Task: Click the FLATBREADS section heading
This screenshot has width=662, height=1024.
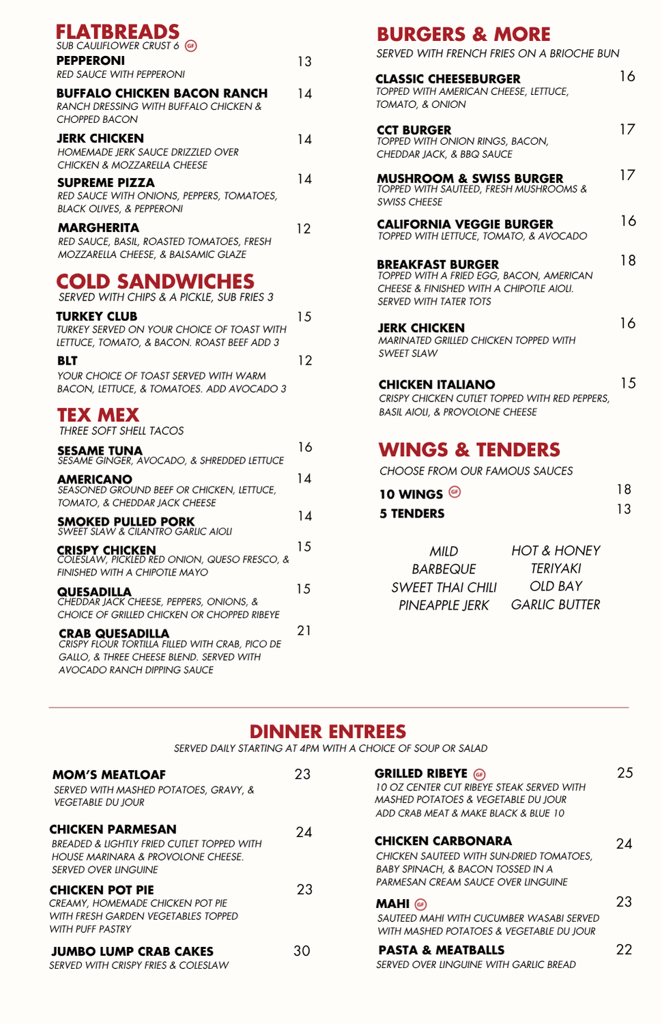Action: pos(117,32)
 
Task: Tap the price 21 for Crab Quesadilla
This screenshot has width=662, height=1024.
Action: pos(304,631)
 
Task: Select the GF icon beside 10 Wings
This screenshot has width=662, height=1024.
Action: pos(455,492)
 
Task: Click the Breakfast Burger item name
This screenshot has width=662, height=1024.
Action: pos(437,264)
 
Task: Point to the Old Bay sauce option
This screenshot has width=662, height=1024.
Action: pos(556,586)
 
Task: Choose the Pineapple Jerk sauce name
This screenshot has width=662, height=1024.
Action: pos(444,605)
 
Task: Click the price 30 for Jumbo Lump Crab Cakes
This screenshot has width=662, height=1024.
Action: pos(302,951)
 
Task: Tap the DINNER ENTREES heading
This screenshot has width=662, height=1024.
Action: pos(328,731)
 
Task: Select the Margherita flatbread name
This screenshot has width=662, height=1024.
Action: pos(98,228)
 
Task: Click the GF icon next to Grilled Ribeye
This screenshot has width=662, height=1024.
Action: pos(480,774)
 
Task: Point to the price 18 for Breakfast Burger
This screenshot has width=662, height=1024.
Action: pos(628,261)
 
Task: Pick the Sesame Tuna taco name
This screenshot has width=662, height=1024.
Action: pos(100,451)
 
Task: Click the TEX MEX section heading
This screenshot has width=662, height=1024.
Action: pos(98,415)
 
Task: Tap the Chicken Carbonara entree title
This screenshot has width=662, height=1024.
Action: pos(443,841)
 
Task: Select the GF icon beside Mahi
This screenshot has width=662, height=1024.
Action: pos(420,905)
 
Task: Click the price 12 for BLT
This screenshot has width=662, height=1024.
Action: pos(305,360)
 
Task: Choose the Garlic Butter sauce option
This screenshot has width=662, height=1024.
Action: pos(556,605)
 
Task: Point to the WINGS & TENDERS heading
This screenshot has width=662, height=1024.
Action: pos(470,450)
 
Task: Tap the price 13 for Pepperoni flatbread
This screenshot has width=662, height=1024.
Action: pos(304,62)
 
